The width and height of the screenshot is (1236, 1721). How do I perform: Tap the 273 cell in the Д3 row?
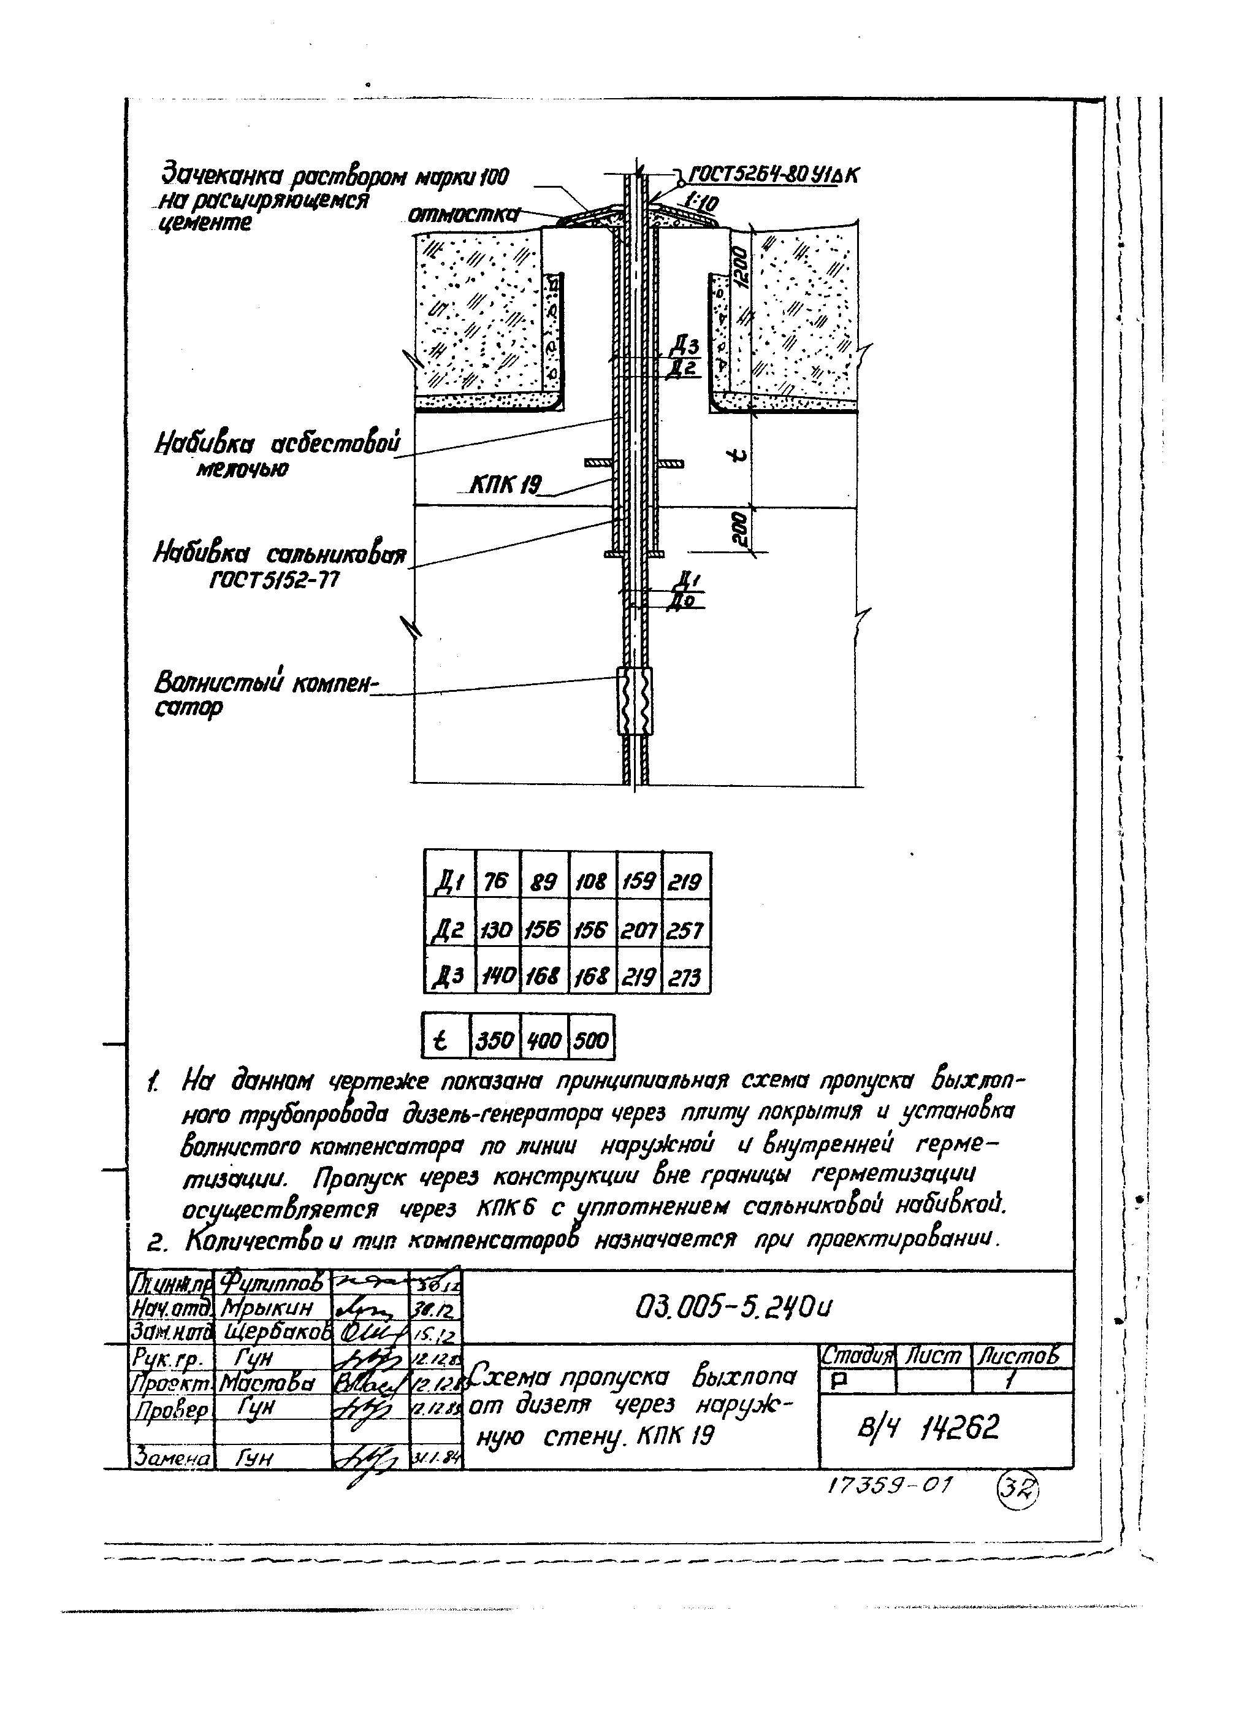686,978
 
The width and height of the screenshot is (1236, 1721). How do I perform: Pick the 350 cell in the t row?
495,1039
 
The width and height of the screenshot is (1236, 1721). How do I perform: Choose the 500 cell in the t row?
591,1039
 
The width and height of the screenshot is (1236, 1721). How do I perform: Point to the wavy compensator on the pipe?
635,701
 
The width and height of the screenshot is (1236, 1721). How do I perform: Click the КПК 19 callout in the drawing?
504,483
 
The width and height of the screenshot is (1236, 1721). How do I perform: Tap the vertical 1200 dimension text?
741,269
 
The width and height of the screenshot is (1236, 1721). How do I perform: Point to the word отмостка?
463,215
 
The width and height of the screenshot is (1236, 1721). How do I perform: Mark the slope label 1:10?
700,201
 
